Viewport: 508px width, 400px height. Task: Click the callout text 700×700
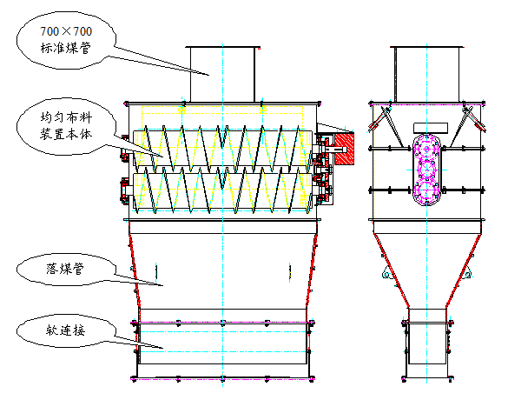click(66, 31)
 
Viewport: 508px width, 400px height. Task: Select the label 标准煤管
click(66, 48)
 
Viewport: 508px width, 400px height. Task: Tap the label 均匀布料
click(66, 117)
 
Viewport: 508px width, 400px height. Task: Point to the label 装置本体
click(66, 134)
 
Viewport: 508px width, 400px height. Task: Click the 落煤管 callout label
click(65, 269)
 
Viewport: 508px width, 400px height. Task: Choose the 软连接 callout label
click(65, 330)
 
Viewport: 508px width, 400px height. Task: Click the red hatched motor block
click(345, 149)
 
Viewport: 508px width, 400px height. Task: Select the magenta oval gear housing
click(426, 170)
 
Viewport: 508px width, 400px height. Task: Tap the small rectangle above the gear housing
click(431, 128)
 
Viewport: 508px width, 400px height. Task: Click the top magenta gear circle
click(426, 148)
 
